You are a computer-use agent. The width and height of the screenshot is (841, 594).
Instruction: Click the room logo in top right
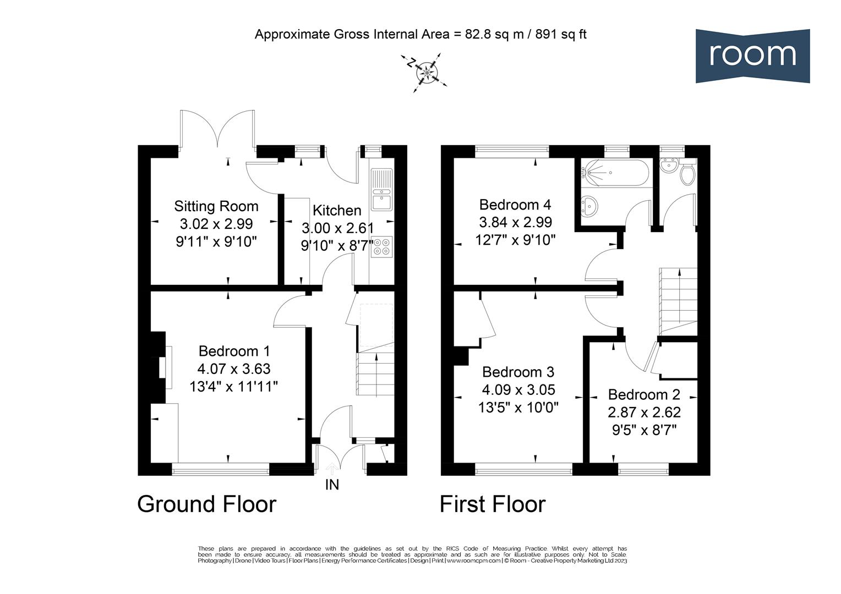[x=752, y=56]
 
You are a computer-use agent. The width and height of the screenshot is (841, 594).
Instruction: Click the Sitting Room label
[x=216, y=206]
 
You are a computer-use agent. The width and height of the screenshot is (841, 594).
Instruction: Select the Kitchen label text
[x=337, y=210]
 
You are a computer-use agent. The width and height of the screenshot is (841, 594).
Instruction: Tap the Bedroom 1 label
[x=234, y=351]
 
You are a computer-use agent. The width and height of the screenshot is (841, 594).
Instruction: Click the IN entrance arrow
[x=332, y=469]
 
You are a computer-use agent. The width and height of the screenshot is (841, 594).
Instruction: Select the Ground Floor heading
[x=206, y=504]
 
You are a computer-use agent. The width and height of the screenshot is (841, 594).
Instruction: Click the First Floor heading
[x=492, y=504]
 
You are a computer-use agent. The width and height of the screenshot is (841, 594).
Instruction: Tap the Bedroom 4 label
[x=515, y=205]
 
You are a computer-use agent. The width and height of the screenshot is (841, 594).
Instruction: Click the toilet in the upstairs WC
[x=687, y=174]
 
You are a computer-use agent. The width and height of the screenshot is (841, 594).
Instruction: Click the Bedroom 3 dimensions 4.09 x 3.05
[x=518, y=390]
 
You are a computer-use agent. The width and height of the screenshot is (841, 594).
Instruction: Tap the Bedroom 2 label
[x=644, y=394]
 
